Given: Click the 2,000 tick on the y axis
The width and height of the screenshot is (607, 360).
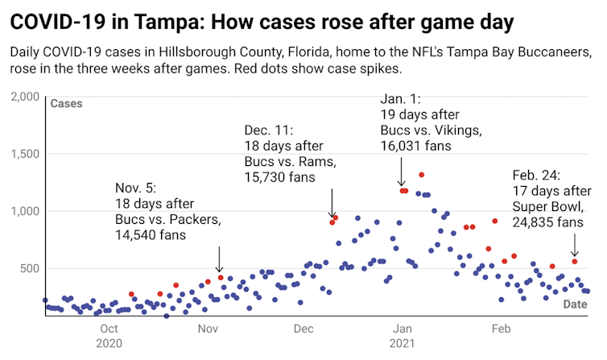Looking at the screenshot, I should (x=25, y=97).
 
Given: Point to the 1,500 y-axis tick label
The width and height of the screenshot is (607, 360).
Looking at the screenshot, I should (x=25, y=154).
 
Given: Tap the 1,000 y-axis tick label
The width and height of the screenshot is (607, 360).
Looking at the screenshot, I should (x=25, y=211).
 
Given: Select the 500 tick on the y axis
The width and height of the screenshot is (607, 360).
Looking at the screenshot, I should (x=31, y=268).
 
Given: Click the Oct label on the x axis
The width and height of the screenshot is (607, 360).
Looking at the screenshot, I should (x=109, y=329).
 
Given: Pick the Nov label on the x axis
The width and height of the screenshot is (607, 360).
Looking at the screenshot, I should (x=208, y=329).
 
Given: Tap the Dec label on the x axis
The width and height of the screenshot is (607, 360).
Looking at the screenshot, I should (x=303, y=329).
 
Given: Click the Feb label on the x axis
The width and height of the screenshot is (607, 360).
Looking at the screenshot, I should (x=501, y=329).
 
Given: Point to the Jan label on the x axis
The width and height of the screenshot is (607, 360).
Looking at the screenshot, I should (x=403, y=329).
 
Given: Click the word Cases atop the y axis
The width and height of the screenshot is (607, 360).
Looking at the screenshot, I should (x=66, y=104).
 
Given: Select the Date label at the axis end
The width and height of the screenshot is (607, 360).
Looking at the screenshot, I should (x=575, y=304).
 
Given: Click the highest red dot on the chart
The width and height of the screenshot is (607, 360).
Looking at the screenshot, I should (x=421, y=175).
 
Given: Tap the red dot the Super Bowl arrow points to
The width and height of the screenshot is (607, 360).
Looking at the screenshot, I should (x=575, y=262).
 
